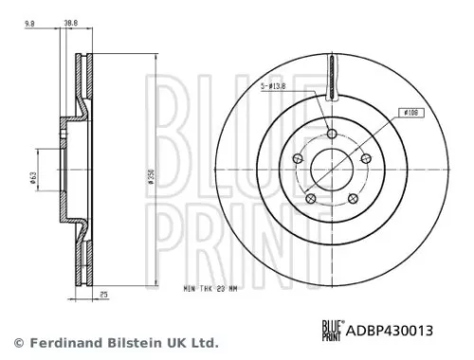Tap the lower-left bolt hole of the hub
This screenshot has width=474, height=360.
[310, 197]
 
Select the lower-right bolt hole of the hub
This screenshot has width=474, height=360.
[352, 197]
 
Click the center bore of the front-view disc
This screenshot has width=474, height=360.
[331, 168]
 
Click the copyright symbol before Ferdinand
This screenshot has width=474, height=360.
[18, 343]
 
